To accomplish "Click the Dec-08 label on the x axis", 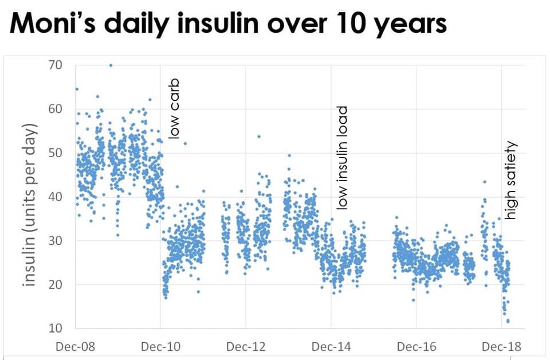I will [x=76, y=346].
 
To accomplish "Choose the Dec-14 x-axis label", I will [x=331, y=346].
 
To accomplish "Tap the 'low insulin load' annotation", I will [x=342, y=157].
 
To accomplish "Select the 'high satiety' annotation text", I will [x=512, y=180].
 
